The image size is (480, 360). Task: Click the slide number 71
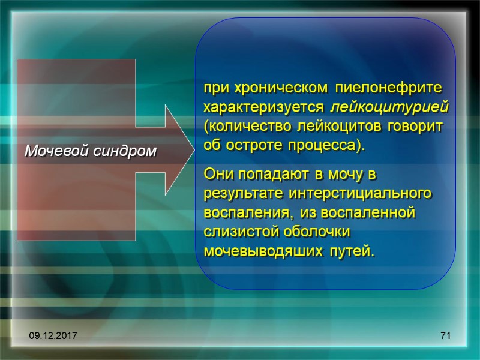(x=445, y=336)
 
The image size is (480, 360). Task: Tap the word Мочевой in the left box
(x=58, y=151)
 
